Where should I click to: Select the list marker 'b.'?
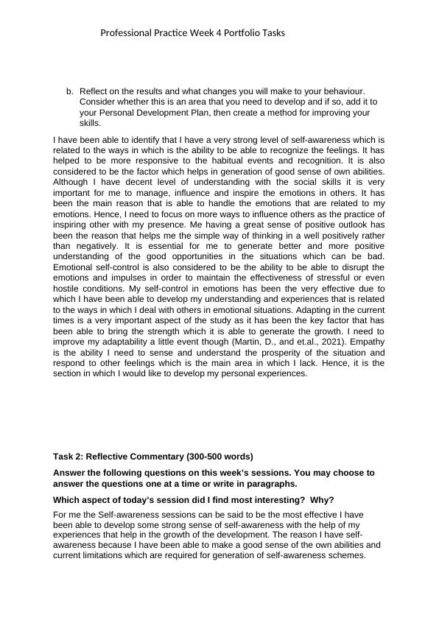coord(70,91)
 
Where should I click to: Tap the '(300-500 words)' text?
coord(217,457)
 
